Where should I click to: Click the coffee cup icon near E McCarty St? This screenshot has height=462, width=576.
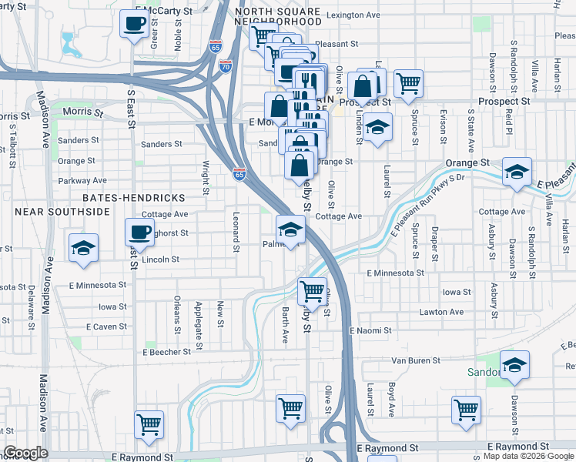133,22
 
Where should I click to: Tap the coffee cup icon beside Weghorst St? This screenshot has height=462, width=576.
139,231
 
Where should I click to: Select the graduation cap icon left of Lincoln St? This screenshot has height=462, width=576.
83,247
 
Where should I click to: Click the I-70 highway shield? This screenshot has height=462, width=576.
225,66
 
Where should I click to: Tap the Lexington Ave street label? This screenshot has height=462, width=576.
353,15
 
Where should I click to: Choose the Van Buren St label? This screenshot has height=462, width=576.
416,360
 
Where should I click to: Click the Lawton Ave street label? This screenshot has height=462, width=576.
441,312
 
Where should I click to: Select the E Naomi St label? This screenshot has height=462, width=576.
370,330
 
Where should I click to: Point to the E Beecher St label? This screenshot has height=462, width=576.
166,352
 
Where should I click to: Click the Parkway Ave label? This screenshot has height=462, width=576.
82,181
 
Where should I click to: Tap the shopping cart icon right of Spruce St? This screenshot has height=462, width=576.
408,82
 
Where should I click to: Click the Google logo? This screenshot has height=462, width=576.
25,453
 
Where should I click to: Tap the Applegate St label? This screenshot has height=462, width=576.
198,314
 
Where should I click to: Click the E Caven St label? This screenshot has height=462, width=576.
106,327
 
